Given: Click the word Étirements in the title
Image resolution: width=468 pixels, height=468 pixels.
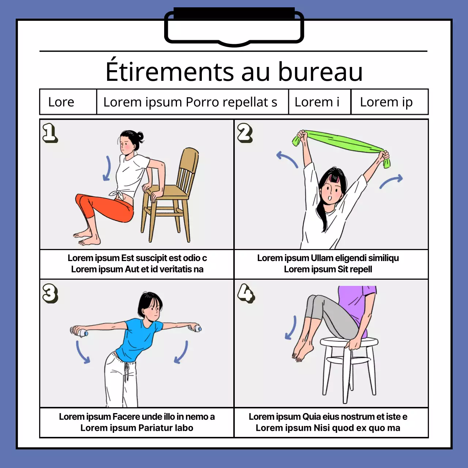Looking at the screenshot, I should tap(170, 72).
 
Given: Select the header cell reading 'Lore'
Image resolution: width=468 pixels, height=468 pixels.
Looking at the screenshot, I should tap(61, 102).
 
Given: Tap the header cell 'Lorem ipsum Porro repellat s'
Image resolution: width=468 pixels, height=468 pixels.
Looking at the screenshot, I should tap(190, 102).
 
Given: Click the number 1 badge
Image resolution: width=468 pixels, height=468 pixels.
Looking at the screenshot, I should tap(50, 132).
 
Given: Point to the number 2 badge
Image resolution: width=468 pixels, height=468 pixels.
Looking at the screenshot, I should tap(245, 132).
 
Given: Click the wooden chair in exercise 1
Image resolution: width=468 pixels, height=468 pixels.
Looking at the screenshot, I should tap(172, 197).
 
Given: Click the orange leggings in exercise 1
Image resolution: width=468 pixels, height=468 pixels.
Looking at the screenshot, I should tap(106, 208).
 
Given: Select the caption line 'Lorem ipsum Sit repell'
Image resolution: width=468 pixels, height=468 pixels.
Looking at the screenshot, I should tap(328, 269).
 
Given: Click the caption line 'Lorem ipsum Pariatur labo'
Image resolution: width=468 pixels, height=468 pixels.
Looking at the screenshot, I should tap(137, 428).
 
